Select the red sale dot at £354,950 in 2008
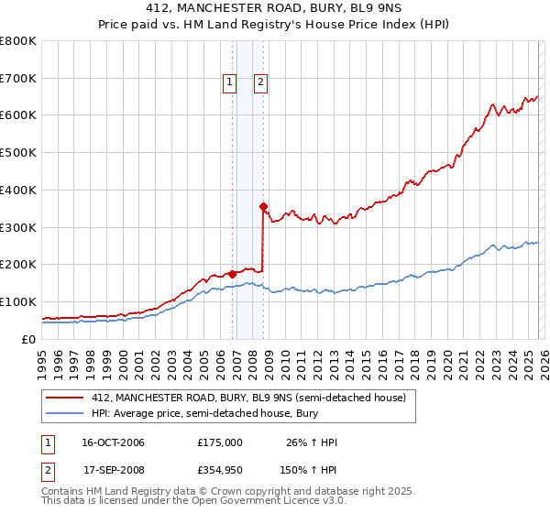(x=263, y=206)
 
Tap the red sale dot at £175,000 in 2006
(x=232, y=273)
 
